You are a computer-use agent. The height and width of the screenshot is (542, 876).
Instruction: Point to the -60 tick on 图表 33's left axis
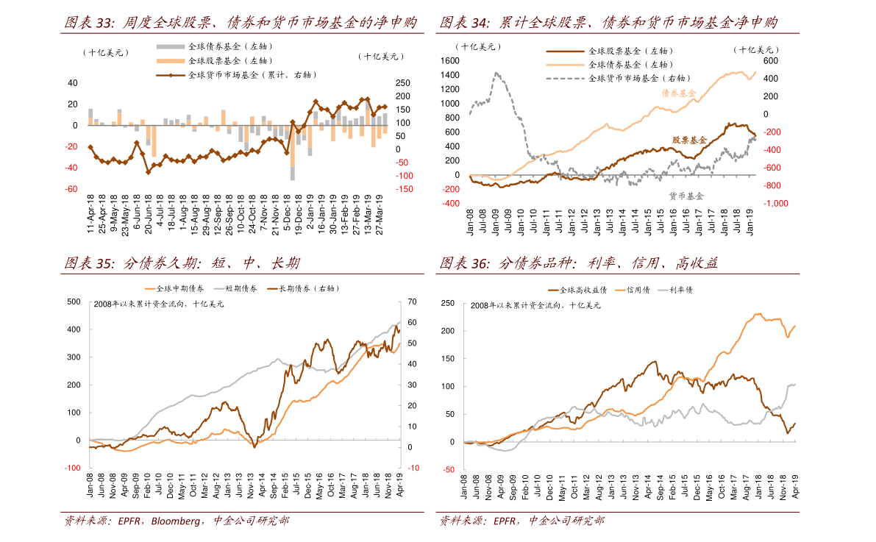coord(72,189)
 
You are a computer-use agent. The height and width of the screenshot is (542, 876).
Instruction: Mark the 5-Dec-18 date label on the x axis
coord(288,214)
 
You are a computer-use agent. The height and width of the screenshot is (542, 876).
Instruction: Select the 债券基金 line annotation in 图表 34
coord(679,93)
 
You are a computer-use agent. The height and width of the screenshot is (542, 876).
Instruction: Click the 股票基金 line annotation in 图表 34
coord(689,140)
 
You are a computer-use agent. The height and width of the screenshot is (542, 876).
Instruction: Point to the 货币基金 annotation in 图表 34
coord(686,196)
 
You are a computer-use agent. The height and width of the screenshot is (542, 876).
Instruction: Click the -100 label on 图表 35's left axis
coord(72,468)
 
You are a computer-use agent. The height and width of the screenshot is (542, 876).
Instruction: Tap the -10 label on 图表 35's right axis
coord(413,468)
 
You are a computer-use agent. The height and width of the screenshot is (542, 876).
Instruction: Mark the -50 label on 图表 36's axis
coord(449,469)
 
